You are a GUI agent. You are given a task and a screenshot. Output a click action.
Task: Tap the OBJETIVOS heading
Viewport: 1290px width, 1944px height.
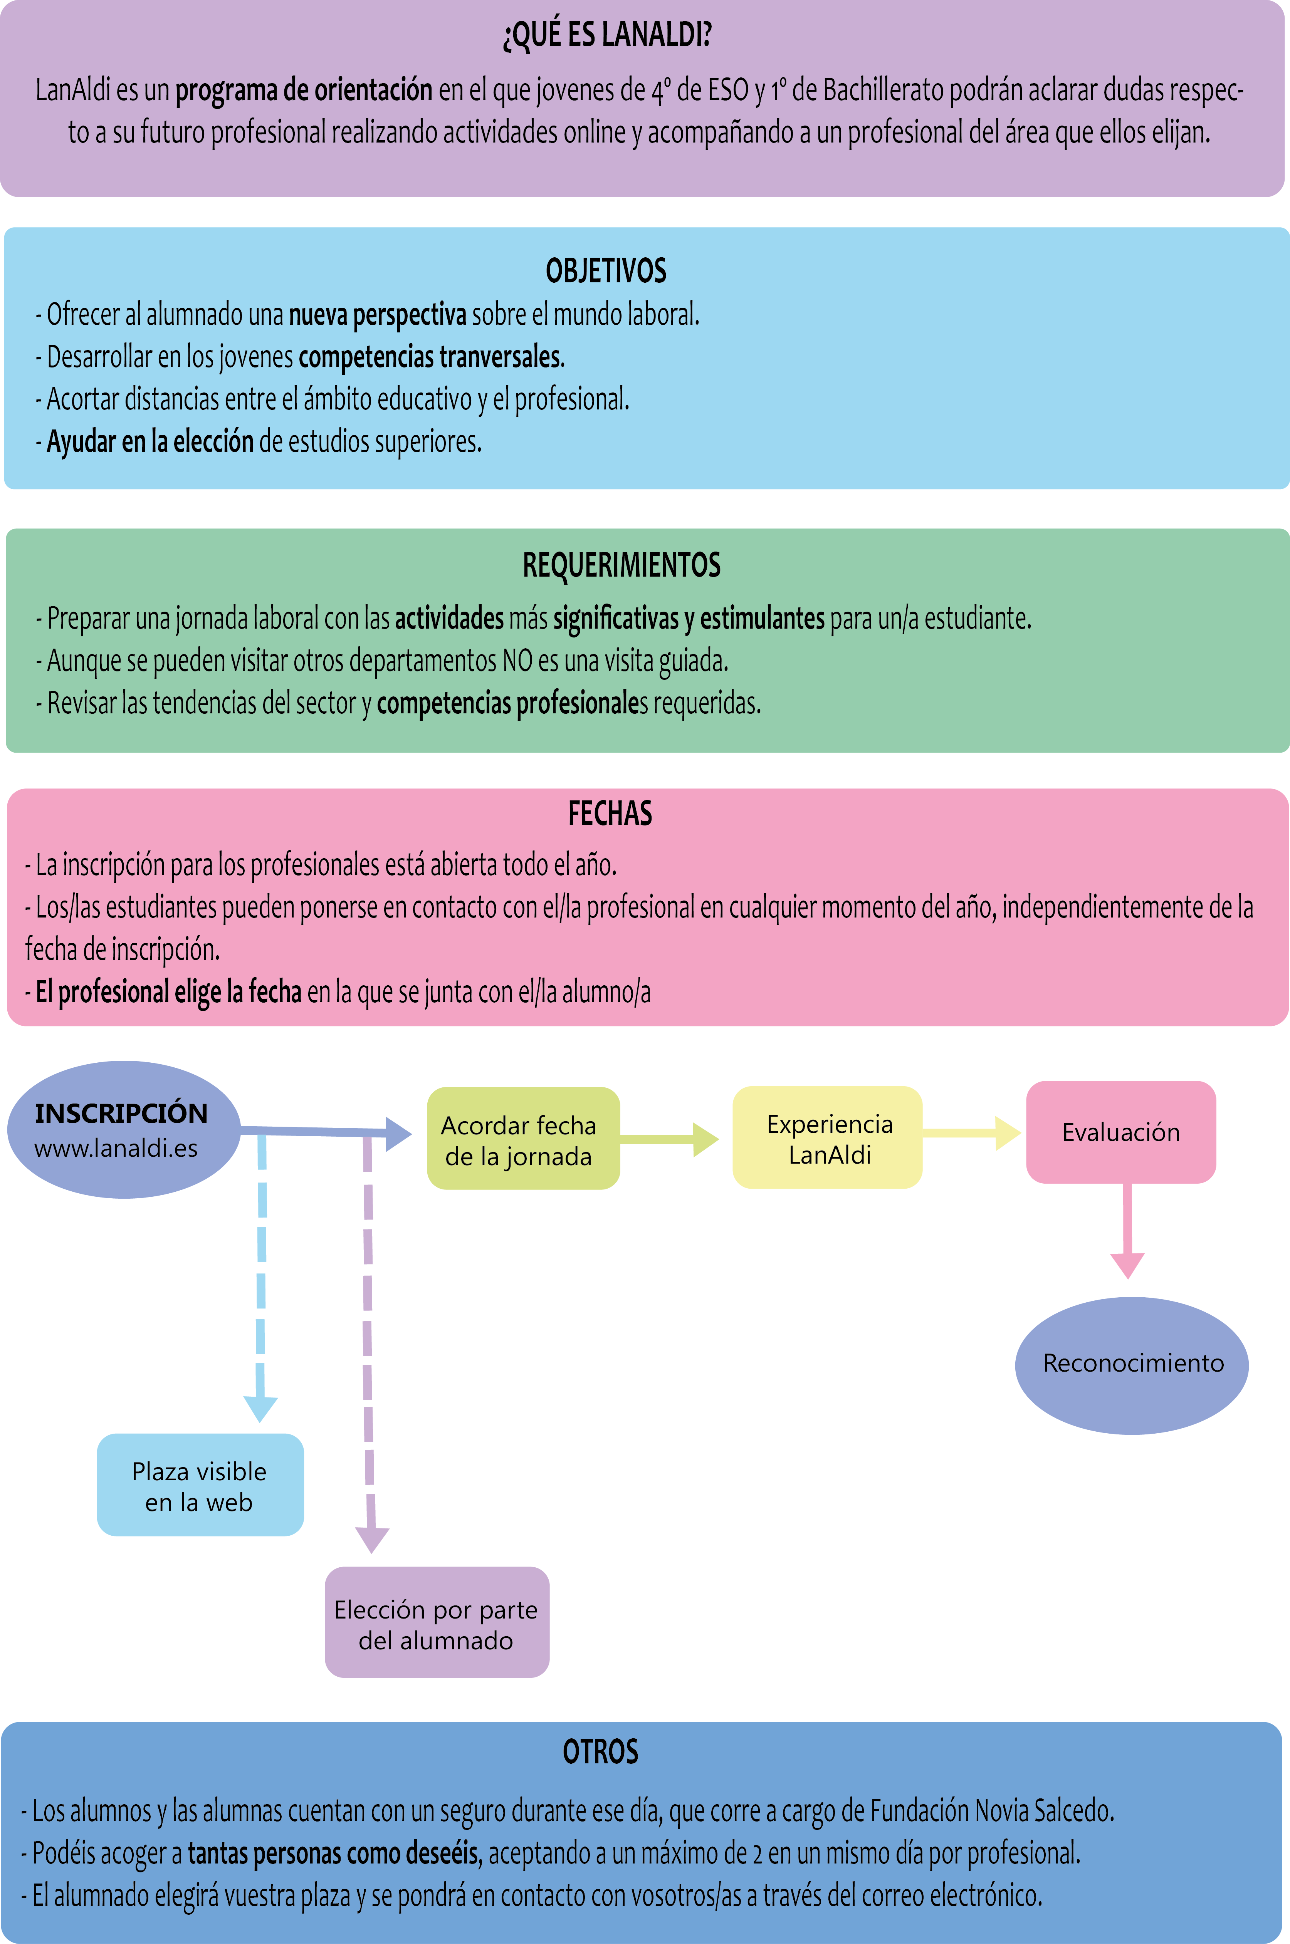pyautogui.click(x=606, y=270)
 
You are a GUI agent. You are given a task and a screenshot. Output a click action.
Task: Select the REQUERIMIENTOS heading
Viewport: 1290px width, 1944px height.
pyautogui.click(x=622, y=565)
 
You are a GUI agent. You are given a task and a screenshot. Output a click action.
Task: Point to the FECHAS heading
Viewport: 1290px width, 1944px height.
pyautogui.click(x=610, y=813)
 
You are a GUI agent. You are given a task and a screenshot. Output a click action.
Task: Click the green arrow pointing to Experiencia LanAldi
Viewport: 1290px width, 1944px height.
pyautogui.click(x=670, y=1139)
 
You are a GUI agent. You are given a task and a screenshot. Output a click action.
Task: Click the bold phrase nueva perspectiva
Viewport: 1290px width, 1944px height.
pyautogui.click(x=378, y=314)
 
